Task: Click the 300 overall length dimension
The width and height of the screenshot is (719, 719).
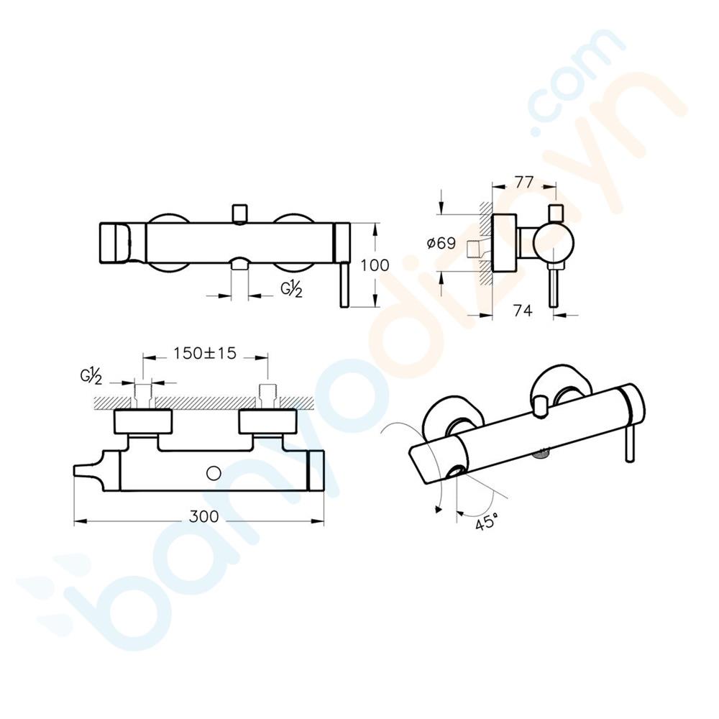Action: click(204, 517)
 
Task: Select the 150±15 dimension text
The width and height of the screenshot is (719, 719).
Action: click(205, 353)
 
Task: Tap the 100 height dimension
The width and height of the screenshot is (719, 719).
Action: click(375, 265)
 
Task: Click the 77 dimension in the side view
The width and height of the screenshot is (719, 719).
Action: click(523, 183)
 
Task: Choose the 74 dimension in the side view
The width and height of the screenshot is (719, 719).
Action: click(523, 311)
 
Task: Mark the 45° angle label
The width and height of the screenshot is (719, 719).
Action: click(487, 522)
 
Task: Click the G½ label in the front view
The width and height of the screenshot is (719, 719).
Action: click(292, 289)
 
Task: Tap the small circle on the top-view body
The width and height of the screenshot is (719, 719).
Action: click(214, 473)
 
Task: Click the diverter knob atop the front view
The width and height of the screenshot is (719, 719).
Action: click(240, 214)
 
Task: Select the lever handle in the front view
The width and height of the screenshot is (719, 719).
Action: click(344, 284)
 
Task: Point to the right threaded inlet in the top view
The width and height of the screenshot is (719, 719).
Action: click(267, 395)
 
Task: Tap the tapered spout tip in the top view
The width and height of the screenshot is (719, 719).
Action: click(86, 472)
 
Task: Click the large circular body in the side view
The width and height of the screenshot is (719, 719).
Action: click(554, 243)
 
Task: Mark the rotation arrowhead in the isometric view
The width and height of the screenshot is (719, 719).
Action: click(439, 508)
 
